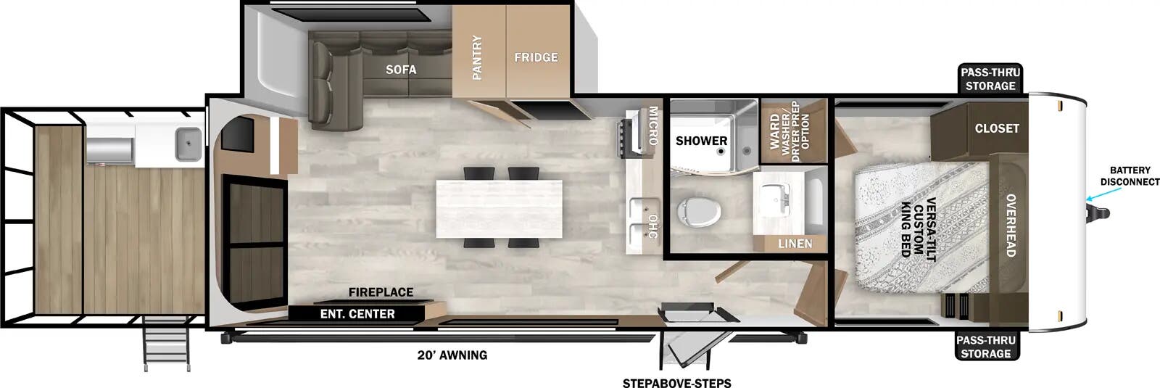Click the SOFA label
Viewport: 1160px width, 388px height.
(401, 70)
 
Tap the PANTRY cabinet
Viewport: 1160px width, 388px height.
(478, 57)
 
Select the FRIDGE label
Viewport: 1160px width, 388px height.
(536, 57)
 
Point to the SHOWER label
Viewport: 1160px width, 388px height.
(701, 141)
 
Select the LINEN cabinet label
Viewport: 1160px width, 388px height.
(795, 244)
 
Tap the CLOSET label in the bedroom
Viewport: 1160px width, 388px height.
(997, 128)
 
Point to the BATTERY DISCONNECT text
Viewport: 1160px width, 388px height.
(1130, 176)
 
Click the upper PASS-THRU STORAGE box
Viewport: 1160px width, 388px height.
(990, 79)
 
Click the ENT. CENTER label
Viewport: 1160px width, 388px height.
(357, 314)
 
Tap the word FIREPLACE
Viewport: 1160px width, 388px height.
(381, 292)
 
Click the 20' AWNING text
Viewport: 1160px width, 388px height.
(452, 355)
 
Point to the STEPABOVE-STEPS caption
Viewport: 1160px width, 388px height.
(676, 383)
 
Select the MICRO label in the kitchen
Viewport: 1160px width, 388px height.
(652, 126)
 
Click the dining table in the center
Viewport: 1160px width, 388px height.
(500, 208)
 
